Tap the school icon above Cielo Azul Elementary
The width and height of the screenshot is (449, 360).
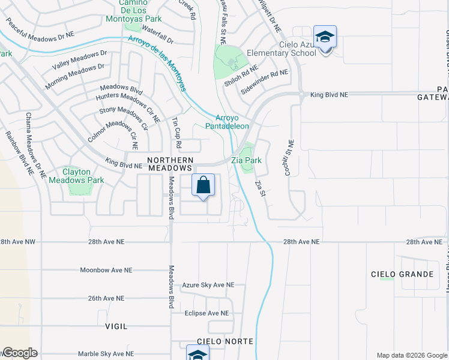(325, 37)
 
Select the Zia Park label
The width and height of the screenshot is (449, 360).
(247, 160)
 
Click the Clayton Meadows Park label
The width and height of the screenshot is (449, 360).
(76, 176)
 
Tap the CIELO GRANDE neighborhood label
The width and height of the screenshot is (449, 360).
(402, 274)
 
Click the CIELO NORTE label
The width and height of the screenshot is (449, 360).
(229, 341)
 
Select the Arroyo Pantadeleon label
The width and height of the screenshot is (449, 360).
(228, 122)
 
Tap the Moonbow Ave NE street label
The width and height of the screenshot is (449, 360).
(106, 271)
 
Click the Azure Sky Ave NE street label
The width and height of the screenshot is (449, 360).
(209, 285)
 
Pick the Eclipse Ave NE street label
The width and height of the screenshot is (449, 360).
(207, 313)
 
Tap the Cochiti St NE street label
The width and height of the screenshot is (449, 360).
(291, 155)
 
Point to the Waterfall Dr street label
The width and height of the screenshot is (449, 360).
(158, 41)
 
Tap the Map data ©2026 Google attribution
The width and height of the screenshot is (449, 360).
(411, 355)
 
